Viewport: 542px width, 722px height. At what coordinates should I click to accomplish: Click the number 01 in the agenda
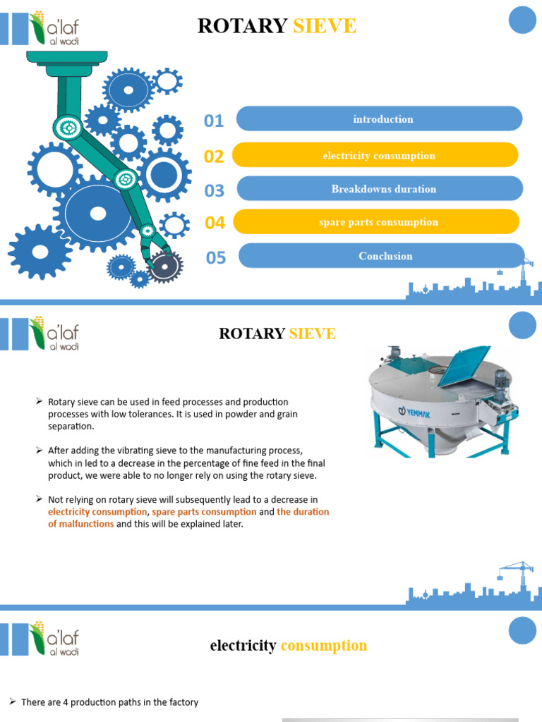214,121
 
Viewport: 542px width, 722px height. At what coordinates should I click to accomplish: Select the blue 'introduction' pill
379,118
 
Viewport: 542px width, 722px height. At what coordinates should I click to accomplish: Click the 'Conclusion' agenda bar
382,256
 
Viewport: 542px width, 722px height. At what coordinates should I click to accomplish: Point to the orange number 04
215,224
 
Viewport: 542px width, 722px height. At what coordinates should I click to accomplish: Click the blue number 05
216,258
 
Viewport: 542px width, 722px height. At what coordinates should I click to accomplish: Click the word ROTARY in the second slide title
251,334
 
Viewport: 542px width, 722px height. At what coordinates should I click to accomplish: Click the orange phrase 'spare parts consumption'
204,512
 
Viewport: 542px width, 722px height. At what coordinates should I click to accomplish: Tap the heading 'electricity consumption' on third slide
288,645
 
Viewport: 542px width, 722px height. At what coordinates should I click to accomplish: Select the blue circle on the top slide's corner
523,19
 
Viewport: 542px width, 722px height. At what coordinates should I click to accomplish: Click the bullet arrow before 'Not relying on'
40,499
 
